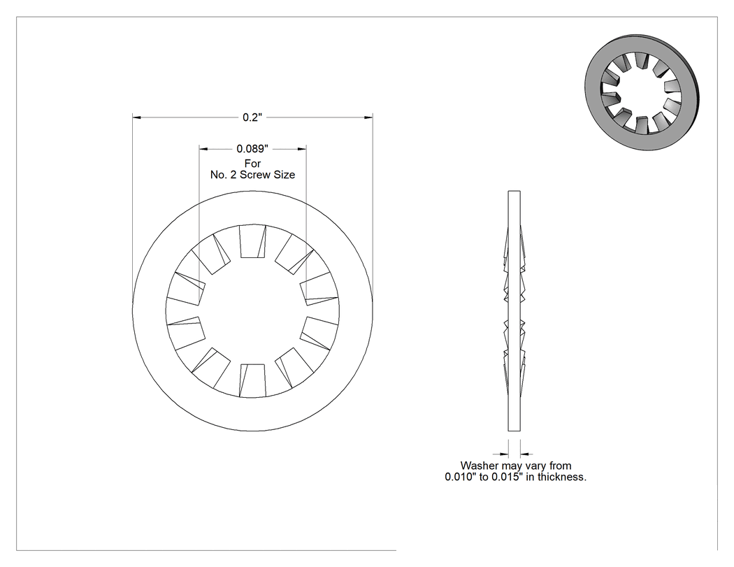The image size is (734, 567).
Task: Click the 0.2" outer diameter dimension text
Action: [x=252, y=117]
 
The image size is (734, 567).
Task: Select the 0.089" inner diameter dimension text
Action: [x=252, y=149]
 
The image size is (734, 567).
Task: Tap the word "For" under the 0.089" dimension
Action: [x=252, y=164]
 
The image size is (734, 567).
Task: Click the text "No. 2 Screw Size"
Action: [x=252, y=175]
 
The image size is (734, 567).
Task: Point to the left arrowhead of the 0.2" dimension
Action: [x=137, y=117]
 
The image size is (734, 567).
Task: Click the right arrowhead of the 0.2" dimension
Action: [x=369, y=117]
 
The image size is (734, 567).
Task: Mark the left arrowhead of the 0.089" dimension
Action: [x=203, y=149]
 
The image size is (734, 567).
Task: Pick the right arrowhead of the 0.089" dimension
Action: [x=302, y=149]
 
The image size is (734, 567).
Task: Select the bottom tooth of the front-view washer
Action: [x=253, y=380]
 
